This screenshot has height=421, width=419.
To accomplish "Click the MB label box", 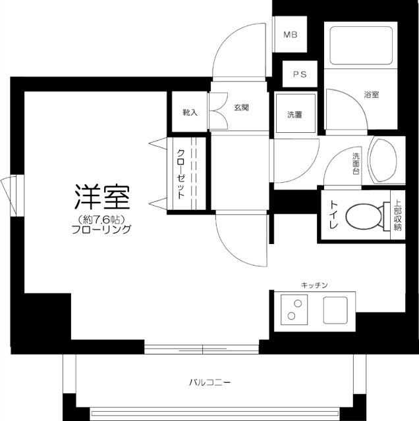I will (x=290, y=36).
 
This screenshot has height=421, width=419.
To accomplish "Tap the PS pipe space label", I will (x=299, y=74).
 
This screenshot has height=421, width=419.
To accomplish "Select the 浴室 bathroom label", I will (x=372, y=94).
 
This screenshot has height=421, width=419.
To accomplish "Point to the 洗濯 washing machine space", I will (x=295, y=114).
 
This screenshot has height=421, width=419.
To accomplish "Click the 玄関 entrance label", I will (x=240, y=107).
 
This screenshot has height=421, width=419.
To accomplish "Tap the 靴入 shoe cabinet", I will (x=190, y=112).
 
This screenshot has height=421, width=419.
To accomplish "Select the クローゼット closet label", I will (x=180, y=174).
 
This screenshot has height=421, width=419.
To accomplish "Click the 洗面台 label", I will (x=356, y=162).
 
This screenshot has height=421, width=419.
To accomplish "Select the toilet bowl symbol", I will (x=365, y=215).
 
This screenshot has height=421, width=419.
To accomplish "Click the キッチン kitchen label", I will (x=314, y=285).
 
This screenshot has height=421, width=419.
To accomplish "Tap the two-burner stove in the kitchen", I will (x=294, y=309).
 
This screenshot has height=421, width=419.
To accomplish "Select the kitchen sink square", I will (x=335, y=309).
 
